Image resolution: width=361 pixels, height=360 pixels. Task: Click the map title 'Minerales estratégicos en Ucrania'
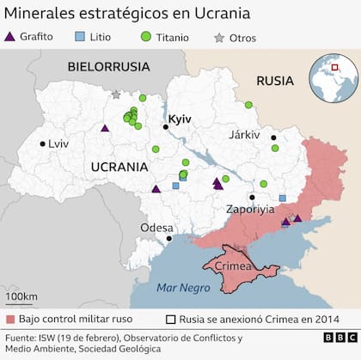tap(129, 15)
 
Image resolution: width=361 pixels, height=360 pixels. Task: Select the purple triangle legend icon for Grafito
tap(10, 37)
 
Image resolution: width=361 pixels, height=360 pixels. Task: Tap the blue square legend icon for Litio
tap(80, 37)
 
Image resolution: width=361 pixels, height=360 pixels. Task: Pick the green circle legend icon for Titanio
tap(145, 37)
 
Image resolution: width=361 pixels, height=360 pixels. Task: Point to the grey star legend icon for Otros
tap(218, 37)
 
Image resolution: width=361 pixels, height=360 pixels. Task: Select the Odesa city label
tap(157, 227)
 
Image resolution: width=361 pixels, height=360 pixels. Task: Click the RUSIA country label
tap(274, 81)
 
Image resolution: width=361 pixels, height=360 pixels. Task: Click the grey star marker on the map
tap(116, 95)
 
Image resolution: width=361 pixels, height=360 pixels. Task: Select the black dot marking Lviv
tap(42, 144)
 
